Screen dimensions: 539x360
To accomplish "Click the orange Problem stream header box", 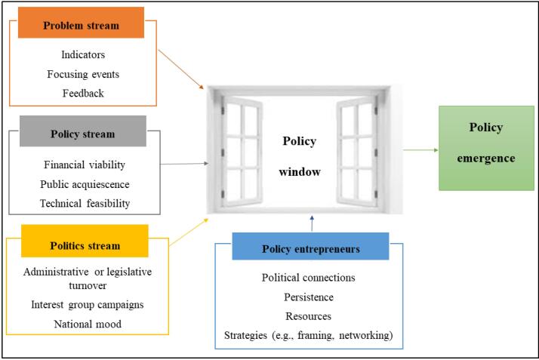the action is (x=81, y=23).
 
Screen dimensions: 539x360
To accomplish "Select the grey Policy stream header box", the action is (x=83, y=131).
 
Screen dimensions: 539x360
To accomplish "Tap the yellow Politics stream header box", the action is (x=85, y=241).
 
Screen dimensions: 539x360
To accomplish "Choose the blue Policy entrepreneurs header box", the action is (x=311, y=246).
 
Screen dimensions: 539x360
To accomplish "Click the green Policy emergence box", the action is (x=486, y=148).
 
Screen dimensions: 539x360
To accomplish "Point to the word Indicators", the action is (x=83, y=54).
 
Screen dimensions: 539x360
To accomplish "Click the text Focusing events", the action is (x=83, y=74).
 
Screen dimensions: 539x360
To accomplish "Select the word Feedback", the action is (x=83, y=93).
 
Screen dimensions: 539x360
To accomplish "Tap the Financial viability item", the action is (x=85, y=165).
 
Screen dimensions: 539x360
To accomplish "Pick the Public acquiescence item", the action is (x=85, y=184).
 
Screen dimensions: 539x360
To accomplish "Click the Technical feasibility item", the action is (x=85, y=203).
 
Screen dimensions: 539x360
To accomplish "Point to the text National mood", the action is (x=88, y=324).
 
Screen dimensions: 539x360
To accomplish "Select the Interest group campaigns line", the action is (x=88, y=305).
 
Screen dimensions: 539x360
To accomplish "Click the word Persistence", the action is (x=309, y=297).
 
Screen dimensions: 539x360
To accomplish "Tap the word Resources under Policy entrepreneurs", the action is (x=308, y=316).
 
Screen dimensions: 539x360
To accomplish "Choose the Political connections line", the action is (x=308, y=278).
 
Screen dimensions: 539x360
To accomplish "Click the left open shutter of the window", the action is (x=242, y=152).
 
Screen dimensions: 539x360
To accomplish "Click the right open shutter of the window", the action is (x=357, y=152).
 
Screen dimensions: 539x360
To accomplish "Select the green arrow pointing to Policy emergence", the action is (x=420, y=149).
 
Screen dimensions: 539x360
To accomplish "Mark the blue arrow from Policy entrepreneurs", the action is (x=312, y=223).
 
